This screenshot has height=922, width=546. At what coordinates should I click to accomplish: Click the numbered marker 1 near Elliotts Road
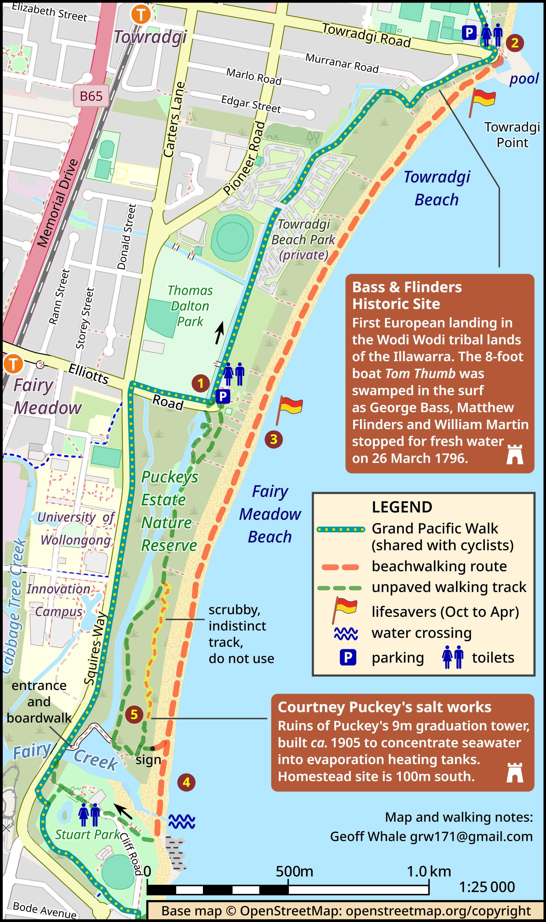point(201,383)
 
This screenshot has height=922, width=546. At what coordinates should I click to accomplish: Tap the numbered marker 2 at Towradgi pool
point(515,43)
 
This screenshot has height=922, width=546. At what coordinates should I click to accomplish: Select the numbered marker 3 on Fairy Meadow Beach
point(274,439)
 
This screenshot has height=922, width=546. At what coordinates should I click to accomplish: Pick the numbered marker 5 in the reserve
point(134,715)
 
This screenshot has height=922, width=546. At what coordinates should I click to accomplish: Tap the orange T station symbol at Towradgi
point(141,14)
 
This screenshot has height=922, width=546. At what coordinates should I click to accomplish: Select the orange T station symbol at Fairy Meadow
point(13,364)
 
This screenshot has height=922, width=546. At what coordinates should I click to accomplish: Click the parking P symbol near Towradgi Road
point(469,33)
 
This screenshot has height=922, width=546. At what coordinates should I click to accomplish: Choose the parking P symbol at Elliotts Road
point(223,396)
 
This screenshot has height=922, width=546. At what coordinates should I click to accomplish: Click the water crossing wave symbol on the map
point(182,821)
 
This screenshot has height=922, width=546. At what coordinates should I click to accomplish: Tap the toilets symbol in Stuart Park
point(89,815)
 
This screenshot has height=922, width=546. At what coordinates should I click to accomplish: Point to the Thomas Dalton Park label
point(190,306)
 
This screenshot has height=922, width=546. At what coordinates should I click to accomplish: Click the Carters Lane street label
point(174,120)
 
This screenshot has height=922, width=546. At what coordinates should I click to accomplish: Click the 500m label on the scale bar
point(294,871)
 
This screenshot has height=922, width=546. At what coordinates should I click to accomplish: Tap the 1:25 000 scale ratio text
point(487,887)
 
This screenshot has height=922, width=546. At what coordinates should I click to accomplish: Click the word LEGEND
point(402,507)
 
